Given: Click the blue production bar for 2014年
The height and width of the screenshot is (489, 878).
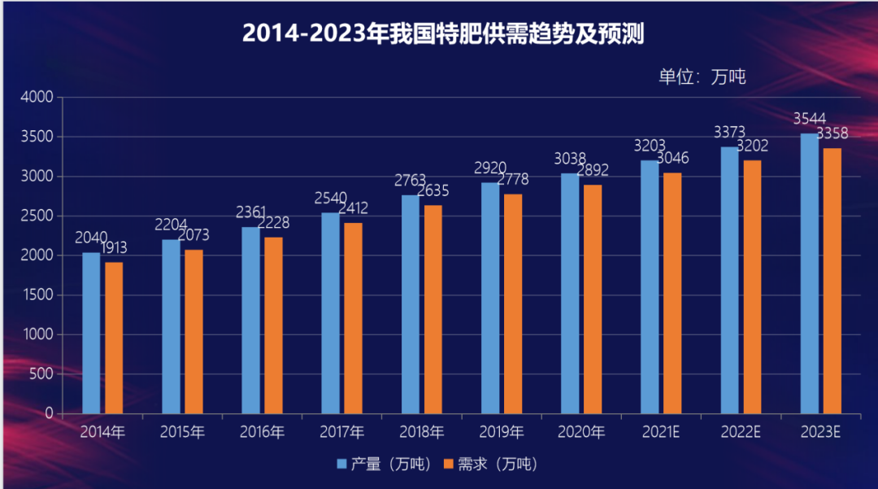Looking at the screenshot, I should tap(91, 333).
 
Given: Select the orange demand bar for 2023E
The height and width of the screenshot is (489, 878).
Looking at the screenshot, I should tap(832, 281).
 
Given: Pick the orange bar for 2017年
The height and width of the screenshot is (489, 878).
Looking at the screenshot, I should tap(353, 318).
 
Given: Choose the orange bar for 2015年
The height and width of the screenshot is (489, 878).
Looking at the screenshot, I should tap(193, 331).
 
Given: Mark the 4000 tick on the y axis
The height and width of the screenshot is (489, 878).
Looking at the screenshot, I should tap(37, 97).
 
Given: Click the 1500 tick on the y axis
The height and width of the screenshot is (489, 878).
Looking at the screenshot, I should tap(37, 295).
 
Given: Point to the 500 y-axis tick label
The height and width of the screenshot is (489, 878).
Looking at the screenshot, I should tap(41, 374).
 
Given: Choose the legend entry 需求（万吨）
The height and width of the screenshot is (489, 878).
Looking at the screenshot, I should tap(491, 465).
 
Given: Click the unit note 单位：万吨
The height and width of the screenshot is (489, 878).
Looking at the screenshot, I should tap(702, 76).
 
